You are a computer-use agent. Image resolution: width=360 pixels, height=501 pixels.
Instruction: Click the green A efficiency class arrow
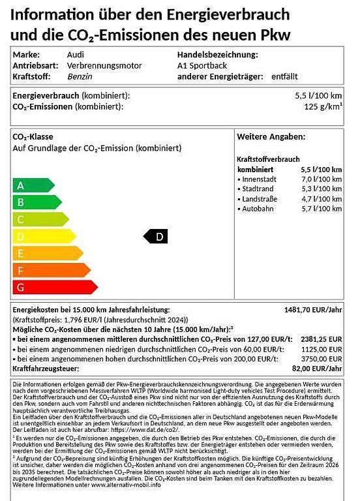point(33,185)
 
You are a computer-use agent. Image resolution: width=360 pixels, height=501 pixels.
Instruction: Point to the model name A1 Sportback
point(204,66)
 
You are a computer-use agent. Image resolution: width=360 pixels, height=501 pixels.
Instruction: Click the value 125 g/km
point(322,106)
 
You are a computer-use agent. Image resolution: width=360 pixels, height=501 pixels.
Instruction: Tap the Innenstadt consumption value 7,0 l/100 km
point(320,179)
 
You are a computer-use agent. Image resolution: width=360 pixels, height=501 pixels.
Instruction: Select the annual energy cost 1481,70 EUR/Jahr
point(313,309)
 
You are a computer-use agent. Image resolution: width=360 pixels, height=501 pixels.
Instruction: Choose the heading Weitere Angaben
point(270,137)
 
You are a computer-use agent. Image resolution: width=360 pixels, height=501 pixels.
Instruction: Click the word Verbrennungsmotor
point(104,66)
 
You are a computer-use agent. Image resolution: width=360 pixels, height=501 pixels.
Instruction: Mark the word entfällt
point(284,76)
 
